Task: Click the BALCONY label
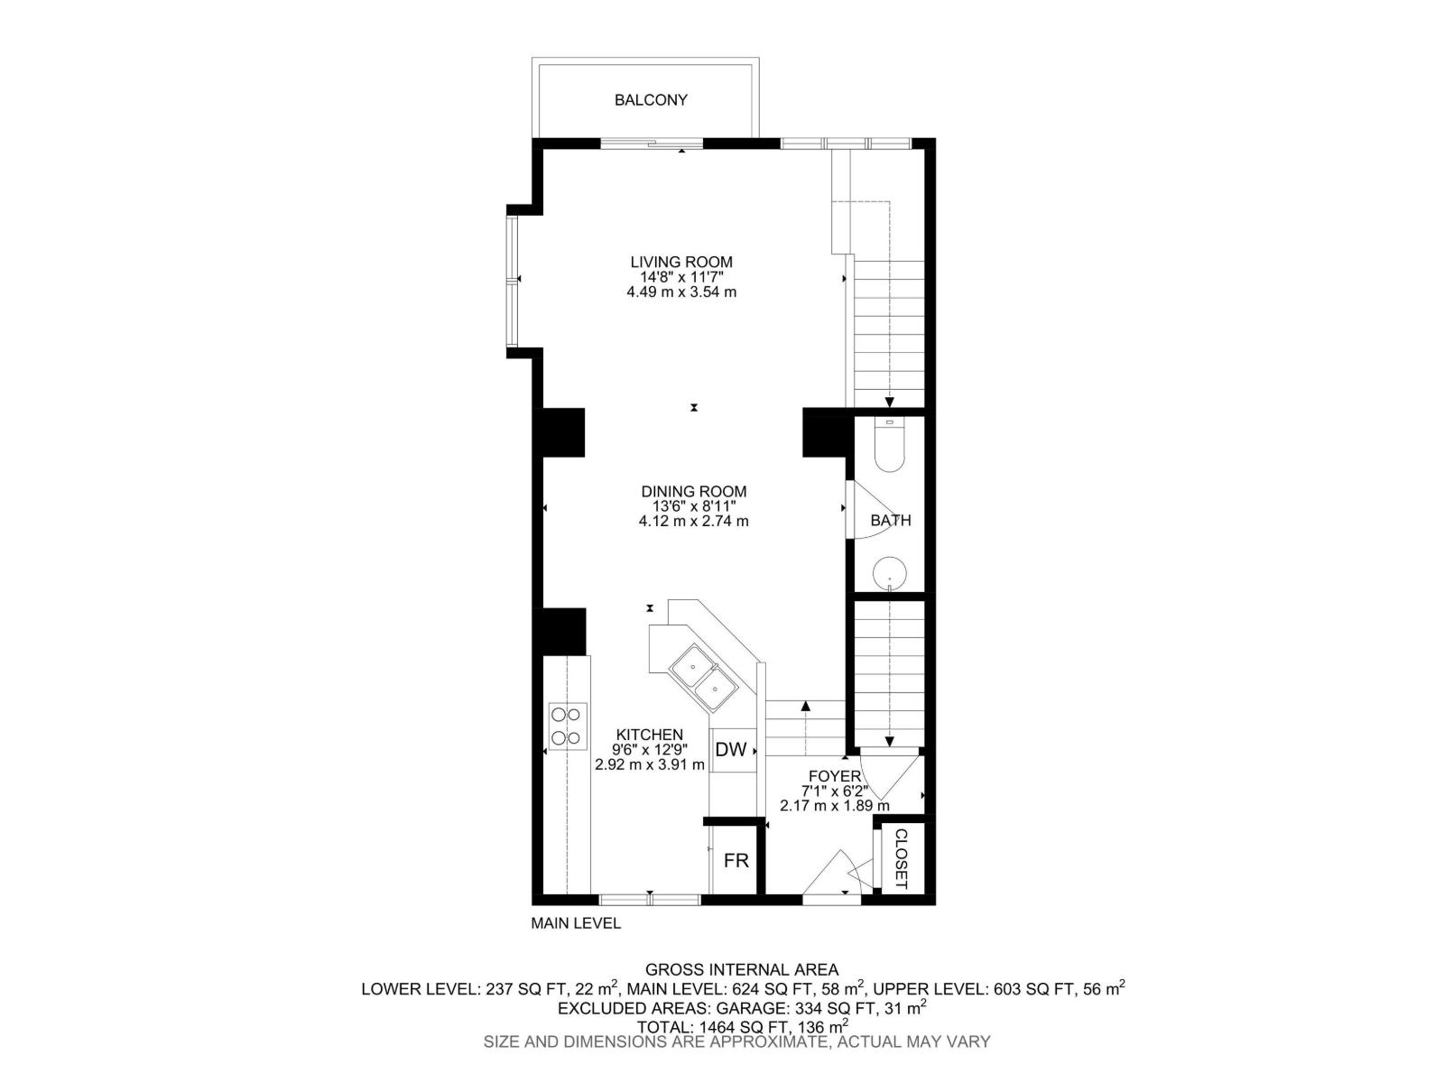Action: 651,100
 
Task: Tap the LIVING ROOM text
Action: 681,262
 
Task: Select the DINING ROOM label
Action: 694,491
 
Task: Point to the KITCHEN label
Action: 649,735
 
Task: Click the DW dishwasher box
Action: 731,750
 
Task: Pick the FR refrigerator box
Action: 736,861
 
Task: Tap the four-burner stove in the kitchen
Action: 567,727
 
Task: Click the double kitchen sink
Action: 704,679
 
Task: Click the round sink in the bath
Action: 891,571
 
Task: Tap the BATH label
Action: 891,521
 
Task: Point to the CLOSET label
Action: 900,858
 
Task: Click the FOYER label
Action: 834,775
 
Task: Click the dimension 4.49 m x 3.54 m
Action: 681,292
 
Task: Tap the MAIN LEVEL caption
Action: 576,923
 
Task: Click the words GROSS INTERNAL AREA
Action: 742,970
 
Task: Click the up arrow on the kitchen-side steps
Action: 805,707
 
